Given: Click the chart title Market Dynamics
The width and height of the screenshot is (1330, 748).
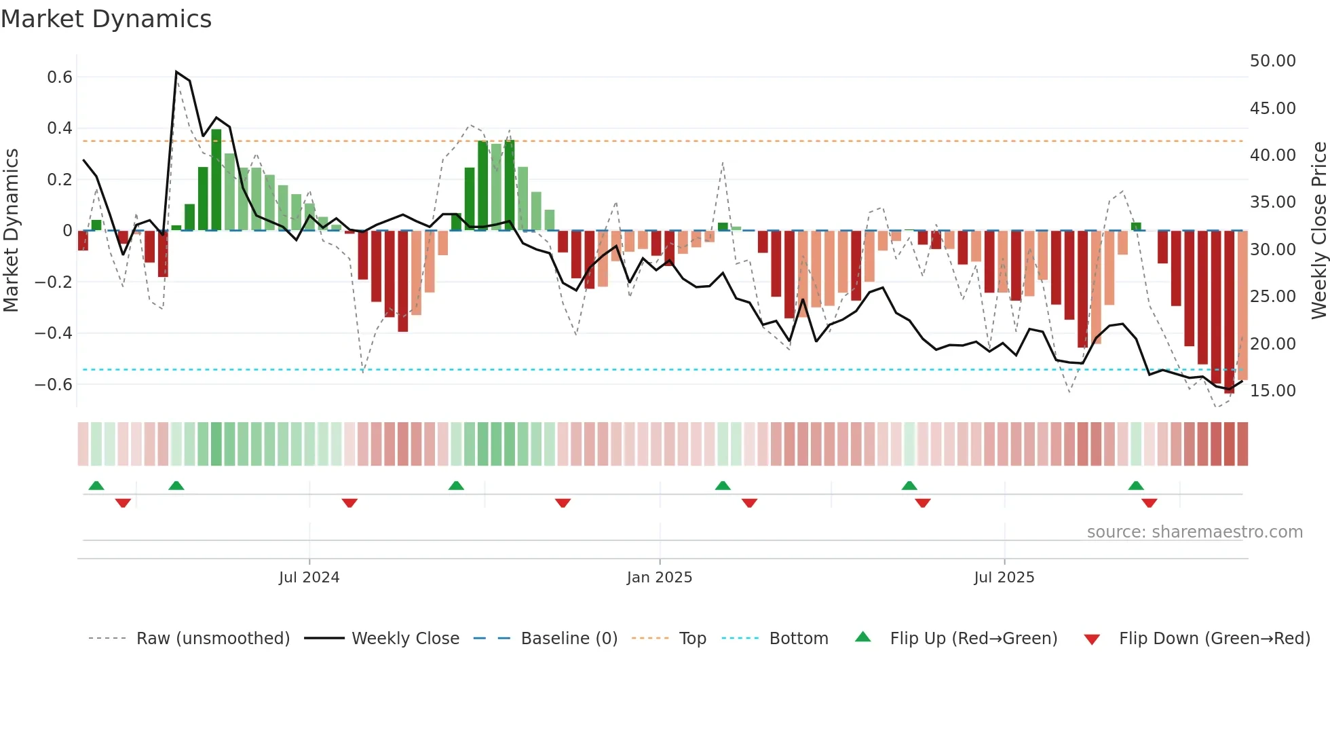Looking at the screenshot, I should (106, 19).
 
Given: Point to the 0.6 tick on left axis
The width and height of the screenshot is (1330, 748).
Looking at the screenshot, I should (60, 77).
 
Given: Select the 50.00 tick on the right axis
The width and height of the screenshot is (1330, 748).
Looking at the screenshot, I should (1272, 61).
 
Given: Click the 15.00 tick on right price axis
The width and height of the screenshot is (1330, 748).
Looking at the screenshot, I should (1272, 391).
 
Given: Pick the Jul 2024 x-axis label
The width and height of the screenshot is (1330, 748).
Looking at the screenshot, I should (309, 578).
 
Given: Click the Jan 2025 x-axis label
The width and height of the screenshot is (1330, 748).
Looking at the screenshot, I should (659, 578).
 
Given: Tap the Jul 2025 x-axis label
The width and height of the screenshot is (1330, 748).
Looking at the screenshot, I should (1004, 578).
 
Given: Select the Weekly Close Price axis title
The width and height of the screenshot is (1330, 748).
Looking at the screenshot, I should (1318, 231).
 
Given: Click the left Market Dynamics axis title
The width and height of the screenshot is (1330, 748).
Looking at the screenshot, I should (11, 231).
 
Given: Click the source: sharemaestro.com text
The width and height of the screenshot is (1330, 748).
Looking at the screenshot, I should (1194, 532).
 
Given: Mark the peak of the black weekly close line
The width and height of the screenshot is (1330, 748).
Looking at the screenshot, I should (176, 72).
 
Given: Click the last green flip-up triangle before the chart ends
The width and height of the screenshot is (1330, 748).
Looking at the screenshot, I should (1136, 486).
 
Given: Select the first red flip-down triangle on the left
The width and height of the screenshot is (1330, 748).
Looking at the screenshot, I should (123, 503).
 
